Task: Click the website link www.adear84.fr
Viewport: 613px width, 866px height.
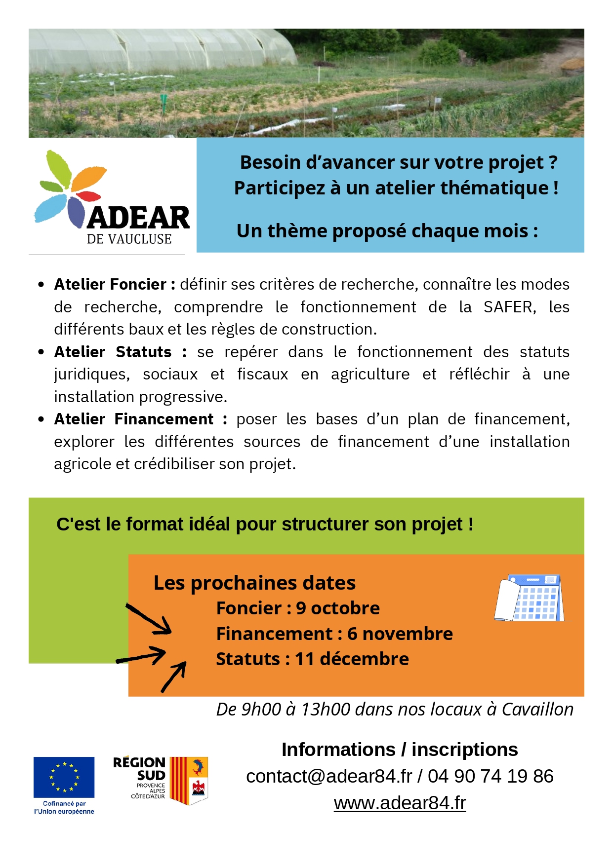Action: click(400, 803)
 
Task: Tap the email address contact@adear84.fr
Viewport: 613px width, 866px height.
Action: click(328, 776)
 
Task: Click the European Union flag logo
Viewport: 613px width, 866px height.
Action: click(64, 777)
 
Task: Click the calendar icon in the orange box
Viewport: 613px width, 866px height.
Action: click(531, 598)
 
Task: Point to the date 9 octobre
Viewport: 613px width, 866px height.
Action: click(338, 608)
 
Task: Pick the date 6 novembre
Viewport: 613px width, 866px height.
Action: click(400, 634)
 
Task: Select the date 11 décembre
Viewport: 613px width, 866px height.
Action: click(352, 659)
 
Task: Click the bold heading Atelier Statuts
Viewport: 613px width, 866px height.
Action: click(113, 352)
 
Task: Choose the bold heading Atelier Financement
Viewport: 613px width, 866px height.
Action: click(134, 419)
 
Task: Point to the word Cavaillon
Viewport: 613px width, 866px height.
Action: click(537, 709)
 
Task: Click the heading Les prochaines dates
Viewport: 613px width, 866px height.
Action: click(254, 583)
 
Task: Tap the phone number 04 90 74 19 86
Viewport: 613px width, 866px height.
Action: click(490, 776)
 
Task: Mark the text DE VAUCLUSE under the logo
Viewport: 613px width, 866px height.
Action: click(129, 239)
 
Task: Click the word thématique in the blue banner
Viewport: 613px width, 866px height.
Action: click(494, 188)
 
